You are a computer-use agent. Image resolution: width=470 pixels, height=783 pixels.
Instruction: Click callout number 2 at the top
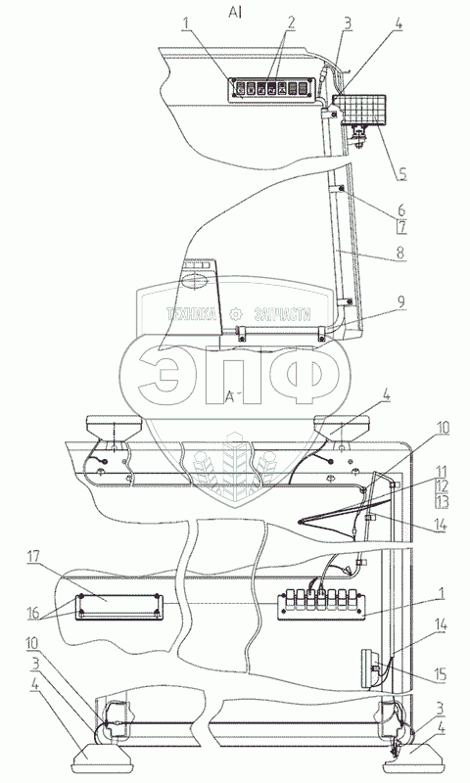tap(290, 23)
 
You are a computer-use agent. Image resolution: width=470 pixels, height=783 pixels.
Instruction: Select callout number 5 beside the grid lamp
tap(402, 174)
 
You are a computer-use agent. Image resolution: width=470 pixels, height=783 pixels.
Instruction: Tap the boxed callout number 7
tap(402, 227)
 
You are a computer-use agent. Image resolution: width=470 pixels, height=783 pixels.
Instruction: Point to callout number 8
tap(400, 252)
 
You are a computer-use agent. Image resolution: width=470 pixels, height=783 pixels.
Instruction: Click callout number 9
tap(401, 300)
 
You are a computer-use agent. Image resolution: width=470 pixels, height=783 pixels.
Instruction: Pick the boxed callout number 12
tap(443, 486)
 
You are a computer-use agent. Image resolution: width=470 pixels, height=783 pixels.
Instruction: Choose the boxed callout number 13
tap(443, 502)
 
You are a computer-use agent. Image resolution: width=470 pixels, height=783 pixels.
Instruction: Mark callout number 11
tap(442, 472)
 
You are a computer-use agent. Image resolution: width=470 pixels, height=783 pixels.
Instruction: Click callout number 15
tap(441, 674)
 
